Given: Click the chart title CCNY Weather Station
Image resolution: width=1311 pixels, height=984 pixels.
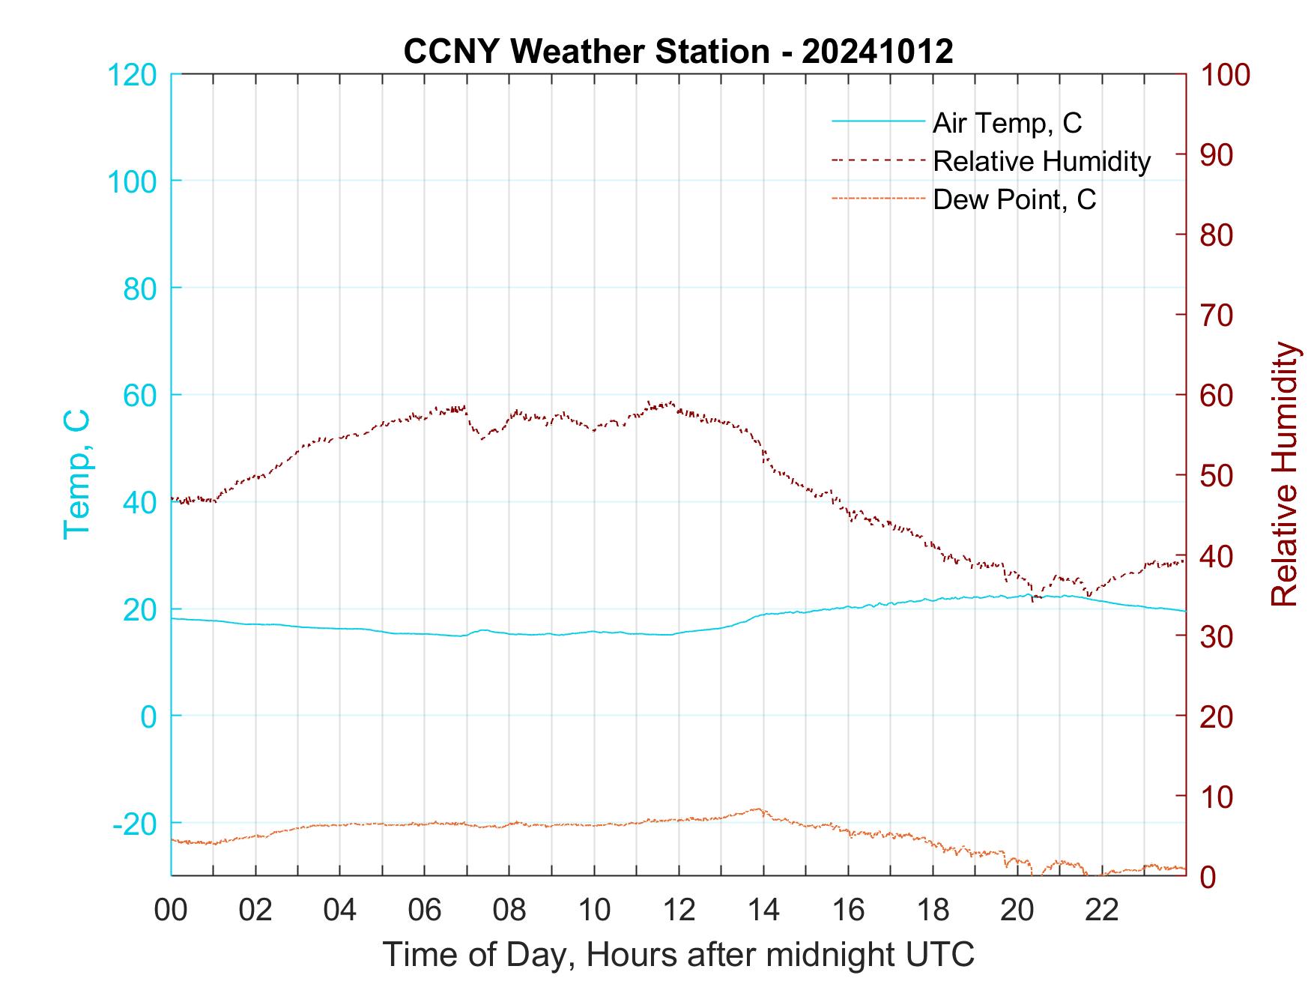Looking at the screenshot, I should [x=678, y=51].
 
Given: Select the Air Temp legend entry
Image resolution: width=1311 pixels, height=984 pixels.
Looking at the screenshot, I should [x=1007, y=123].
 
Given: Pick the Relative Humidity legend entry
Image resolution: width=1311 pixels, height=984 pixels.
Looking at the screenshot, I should [x=1041, y=161].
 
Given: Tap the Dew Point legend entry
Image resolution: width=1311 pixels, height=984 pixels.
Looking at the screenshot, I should [x=1014, y=199].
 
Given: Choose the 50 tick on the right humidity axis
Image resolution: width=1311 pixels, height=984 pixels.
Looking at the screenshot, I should [x=1217, y=476].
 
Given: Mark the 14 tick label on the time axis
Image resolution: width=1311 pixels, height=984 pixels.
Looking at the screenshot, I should [x=763, y=911].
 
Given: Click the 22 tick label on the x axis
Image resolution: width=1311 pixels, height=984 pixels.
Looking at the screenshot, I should [x=1102, y=911].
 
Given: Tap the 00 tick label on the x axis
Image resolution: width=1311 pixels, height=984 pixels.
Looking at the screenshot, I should [x=171, y=911].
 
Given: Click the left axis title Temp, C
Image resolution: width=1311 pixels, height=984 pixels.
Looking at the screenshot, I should [x=76, y=474].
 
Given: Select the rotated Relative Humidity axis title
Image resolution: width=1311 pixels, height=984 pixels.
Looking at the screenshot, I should [x=1284, y=474].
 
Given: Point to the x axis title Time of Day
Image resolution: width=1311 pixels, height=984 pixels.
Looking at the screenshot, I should [x=678, y=955].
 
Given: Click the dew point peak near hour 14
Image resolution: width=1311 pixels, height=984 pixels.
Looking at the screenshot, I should [x=758, y=809].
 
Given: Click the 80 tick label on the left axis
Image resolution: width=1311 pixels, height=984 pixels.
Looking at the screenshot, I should [x=139, y=289].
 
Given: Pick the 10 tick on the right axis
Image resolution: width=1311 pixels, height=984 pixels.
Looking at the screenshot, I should [x=1217, y=797].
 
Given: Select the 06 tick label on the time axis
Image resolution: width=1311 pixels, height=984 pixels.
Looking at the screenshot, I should [x=425, y=911].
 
